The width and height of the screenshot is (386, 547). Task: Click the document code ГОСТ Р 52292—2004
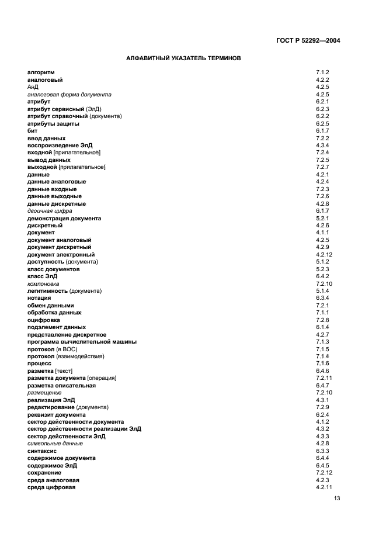308,40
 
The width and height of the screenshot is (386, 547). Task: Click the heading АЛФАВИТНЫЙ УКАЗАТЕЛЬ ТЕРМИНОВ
184,58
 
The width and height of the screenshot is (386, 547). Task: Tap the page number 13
338,498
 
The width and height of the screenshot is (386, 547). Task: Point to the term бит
32,131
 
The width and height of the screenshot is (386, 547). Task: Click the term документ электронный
61,255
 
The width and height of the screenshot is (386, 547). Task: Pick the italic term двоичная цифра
50,211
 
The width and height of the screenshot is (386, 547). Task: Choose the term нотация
39,298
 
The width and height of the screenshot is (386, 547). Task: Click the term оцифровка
43,320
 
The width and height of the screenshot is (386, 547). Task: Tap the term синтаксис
42,451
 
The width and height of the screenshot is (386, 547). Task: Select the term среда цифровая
51,487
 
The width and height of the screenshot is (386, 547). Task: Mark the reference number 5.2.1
323,219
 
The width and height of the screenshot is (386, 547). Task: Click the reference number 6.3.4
323,298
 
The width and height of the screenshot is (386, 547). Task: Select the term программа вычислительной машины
82,342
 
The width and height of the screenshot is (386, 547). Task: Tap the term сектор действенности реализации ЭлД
84,429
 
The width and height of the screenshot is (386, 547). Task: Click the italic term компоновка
43,284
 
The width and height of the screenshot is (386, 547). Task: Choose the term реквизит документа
57,415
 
